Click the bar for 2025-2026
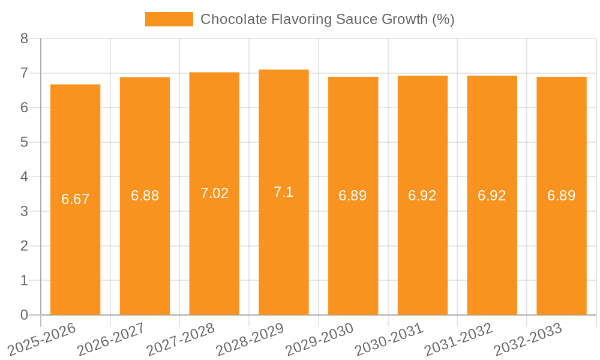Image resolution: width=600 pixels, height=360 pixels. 75,200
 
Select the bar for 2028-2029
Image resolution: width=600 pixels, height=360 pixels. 284,192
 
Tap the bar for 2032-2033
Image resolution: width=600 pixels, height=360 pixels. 562,196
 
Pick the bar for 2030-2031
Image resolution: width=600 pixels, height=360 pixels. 422,196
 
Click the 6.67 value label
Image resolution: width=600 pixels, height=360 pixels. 76,200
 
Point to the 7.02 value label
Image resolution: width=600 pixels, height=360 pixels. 214,193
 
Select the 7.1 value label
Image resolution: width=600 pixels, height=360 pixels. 284,192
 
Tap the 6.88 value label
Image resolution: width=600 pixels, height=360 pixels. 145,196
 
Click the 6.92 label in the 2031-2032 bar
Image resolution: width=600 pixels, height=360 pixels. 492,196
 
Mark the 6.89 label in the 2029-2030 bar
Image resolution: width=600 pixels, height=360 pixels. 353,196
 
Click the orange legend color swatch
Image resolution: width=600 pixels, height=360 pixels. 169,19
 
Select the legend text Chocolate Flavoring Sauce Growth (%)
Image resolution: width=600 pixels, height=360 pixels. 327,19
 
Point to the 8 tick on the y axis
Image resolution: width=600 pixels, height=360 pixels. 24,38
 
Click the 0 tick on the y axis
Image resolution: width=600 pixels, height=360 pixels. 24,315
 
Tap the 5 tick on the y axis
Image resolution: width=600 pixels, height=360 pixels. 24,142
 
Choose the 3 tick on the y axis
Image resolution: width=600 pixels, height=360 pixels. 24,211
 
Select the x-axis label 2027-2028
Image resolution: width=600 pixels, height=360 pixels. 181,339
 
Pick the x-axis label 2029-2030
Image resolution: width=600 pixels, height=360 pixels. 320,339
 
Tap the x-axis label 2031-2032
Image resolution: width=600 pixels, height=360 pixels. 459,339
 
